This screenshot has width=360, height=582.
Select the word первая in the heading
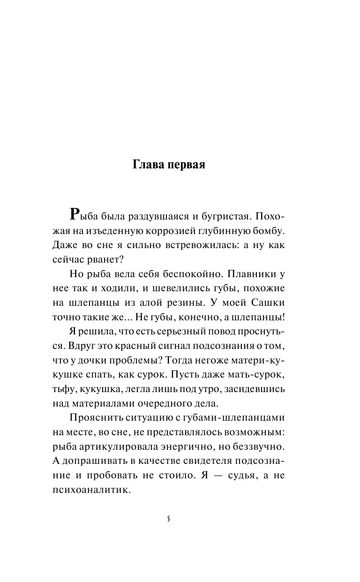tap(186, 166)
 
